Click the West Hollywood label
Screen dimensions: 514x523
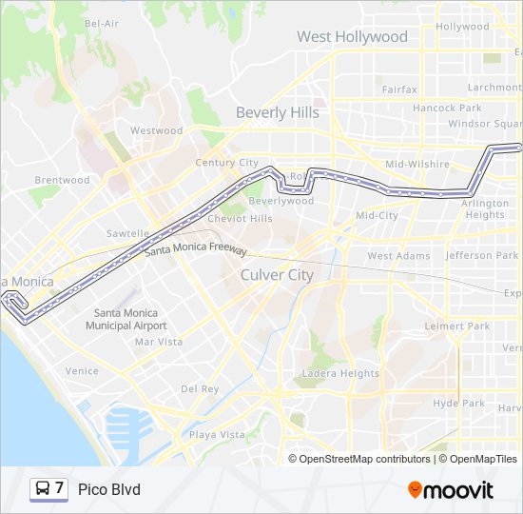[x=352, y=37]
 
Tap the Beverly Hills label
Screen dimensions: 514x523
[x=278, y=112]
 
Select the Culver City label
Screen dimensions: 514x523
[x=277, y=275]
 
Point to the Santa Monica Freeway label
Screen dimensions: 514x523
[x=196, y=251]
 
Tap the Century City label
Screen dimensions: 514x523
[x=226, y=163]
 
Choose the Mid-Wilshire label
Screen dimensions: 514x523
[x=416, y=165]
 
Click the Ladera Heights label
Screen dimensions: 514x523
[x=339, y=374]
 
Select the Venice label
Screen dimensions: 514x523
[x=82, y=371]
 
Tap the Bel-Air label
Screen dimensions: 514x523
[x=102, y=23]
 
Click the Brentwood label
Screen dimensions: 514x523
[x=62, y=180]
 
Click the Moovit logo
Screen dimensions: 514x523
[x=451, y=490]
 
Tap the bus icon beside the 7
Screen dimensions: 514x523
[x=43, y=489]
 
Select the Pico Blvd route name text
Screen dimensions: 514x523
[x=108, y=490]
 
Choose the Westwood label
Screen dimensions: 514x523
[x=157, y=130]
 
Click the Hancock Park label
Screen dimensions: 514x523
[x=447, y=109]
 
